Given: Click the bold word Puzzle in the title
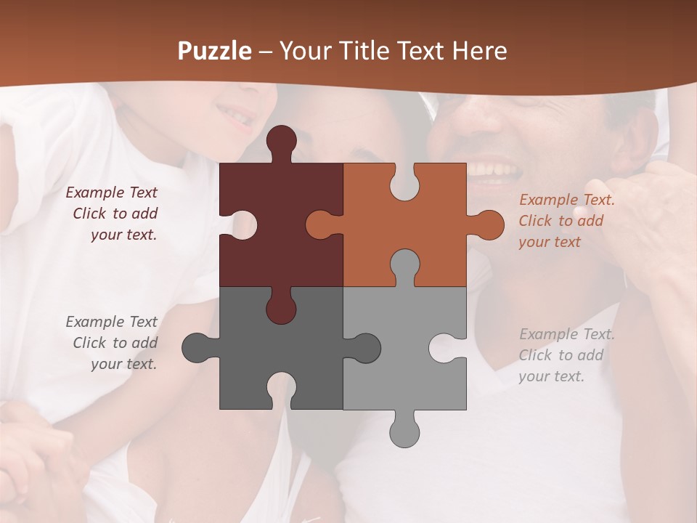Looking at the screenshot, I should (215, 51).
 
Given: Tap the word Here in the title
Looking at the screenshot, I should (478, 51).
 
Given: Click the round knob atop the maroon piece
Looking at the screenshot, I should (281, 140).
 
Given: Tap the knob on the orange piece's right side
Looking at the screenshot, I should (488, 224).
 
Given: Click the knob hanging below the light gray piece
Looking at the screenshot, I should (404, 431).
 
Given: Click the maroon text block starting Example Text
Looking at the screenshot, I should (113, 214).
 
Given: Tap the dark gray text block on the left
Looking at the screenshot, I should (113, 343).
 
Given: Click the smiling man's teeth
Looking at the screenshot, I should (494, 171).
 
